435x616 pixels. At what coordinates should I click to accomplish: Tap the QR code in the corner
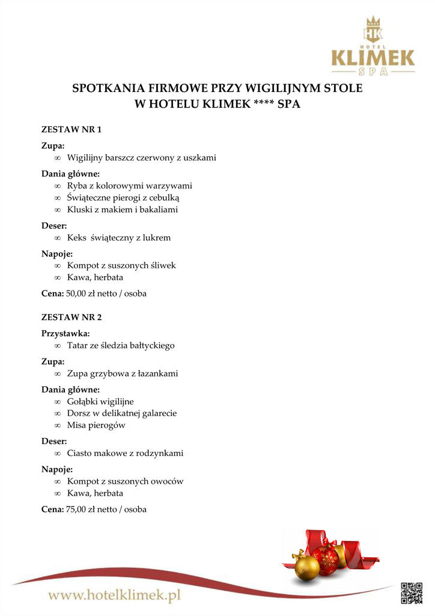click(412, 592)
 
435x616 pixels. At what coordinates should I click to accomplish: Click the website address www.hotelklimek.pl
click(115, 596)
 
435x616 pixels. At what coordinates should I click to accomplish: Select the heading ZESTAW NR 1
click(71, 129)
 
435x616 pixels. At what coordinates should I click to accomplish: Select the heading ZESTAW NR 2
click(71, 317)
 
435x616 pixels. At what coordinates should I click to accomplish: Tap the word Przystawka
click(65, 333)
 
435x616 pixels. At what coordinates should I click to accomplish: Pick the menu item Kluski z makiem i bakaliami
click(123, 209)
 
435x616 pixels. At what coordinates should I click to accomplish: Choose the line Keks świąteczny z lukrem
click(119, 238)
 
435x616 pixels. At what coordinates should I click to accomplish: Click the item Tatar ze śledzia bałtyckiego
click(121, 345)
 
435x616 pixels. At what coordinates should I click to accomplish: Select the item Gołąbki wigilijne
click(100, 401)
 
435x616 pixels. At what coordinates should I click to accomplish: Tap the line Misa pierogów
click(96, 425)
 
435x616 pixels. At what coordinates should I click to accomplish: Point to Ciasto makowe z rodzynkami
click(125, 453)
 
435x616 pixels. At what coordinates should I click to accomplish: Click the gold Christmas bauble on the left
click(306, 565)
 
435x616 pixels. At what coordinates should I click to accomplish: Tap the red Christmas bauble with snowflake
click(326, 560)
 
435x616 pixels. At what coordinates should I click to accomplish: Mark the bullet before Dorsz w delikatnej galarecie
click(58, 414)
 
